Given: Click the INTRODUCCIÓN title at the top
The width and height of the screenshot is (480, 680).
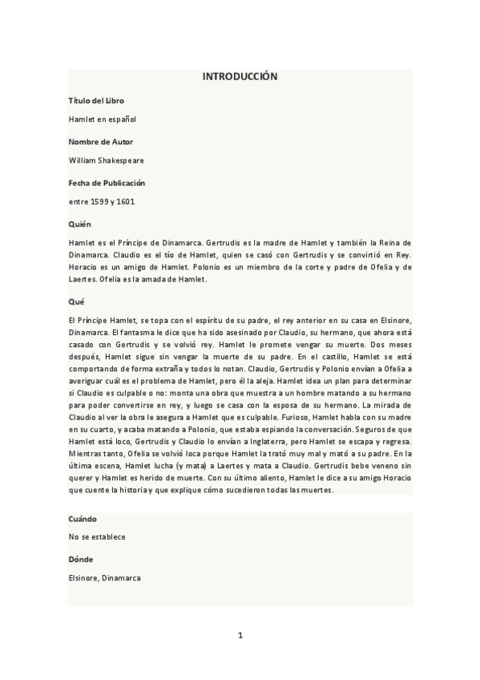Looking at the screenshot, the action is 240,77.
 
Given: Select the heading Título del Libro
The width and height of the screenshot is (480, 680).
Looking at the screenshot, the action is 96,100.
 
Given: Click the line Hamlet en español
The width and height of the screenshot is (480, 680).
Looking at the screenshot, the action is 103,119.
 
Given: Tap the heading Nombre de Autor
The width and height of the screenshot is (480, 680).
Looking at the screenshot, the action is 101,141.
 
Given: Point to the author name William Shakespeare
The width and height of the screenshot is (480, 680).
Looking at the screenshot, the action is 107,160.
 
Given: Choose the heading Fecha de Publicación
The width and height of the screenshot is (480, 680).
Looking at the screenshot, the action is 107,183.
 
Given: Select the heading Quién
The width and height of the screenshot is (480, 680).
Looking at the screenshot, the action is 80,224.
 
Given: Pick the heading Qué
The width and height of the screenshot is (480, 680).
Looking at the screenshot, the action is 76,302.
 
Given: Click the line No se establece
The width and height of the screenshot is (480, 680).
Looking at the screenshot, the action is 97,536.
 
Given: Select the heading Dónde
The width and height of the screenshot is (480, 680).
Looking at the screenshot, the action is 82,558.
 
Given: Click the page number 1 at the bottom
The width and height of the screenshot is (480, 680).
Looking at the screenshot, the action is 240,635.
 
